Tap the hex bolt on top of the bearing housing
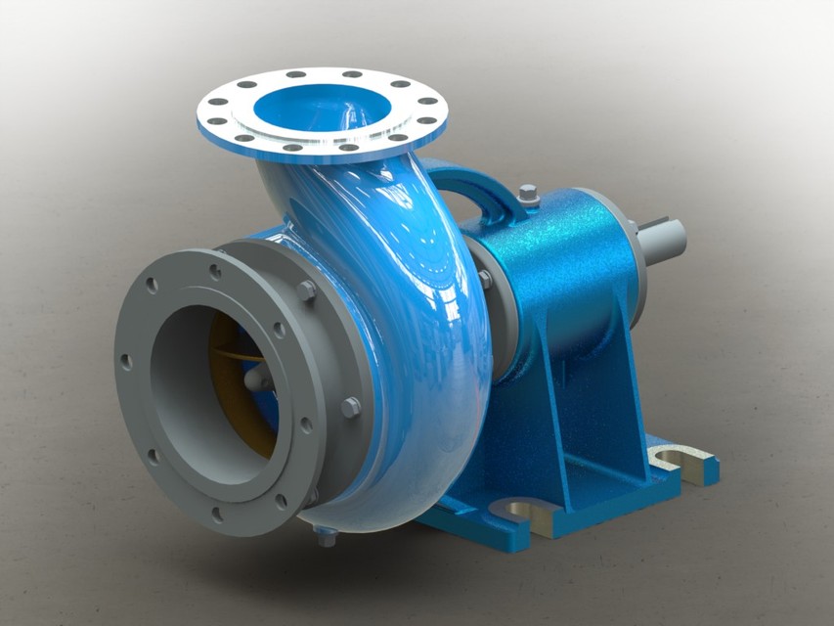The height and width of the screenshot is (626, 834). (529, 195)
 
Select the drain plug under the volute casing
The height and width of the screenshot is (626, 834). (327, 535)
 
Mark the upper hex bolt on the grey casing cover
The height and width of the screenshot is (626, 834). (306, 291)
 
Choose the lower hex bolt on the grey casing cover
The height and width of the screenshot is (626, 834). (350, 407)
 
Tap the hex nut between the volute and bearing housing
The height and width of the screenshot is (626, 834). (483, 279)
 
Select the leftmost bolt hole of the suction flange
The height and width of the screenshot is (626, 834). (126, 361)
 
